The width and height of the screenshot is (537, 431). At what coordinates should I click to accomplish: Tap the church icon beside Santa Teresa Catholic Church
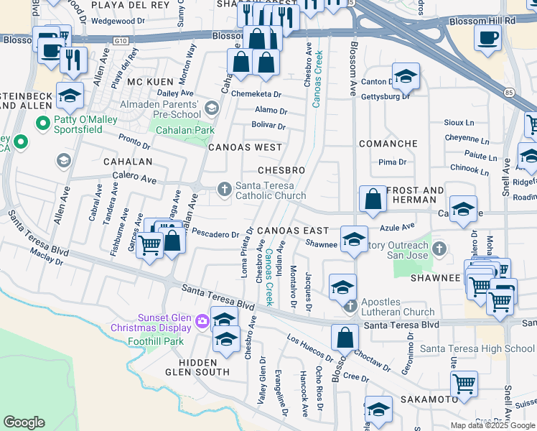click(224, 189)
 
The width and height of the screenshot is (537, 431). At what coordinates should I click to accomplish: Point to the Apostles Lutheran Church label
click(398, 307)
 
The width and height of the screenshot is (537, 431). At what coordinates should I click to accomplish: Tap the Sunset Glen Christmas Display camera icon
click(202, 320)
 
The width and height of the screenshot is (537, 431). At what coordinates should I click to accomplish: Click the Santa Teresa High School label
click(477, 349)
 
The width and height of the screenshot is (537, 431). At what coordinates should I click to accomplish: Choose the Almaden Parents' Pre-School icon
click(211, 108)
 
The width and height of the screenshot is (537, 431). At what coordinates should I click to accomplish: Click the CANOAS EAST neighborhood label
click(293, 231)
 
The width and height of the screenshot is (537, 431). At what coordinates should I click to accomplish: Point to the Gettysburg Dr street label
click(386, 96)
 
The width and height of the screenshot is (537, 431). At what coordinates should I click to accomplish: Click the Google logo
click(24, 422)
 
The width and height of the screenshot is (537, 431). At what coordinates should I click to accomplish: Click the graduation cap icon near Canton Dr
click(406, 75)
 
